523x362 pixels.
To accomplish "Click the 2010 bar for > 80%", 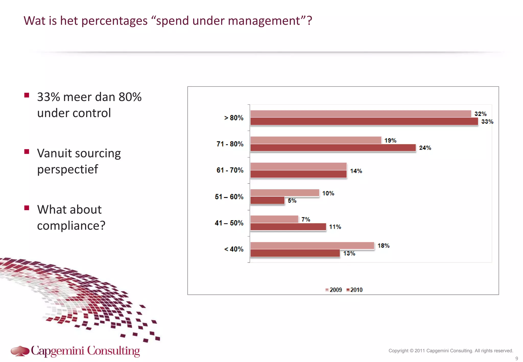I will click(x=364, y=122).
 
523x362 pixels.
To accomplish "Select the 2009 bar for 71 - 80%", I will click(x=316, y=140).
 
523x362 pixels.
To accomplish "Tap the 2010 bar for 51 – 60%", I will click(x=267, y=200).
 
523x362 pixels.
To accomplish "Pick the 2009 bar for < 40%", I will click(x=312, y=246).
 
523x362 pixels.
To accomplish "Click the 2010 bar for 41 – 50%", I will click(x=288, y=227).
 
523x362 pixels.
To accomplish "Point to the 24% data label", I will click(x=425, y=148).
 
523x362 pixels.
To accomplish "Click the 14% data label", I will click(x=356, y=171).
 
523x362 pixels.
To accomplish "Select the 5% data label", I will click(x=292, y=201).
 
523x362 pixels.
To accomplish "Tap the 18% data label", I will click(x=383, y=246).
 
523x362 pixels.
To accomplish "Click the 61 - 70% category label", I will click(x=230, y=170).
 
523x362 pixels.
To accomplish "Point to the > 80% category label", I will click(x=234, y=118).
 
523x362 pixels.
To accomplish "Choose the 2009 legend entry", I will click(x=334, y=290).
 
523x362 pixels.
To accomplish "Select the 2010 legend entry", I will click(x=354, y=290).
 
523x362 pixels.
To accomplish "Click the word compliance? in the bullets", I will click(x=71, y=226).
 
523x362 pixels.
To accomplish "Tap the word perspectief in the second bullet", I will click(x=67, y=169).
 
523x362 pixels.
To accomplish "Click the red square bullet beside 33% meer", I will click(x=27, y=95).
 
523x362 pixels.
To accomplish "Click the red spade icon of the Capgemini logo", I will click(x=20, y=351).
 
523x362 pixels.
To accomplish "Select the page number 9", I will click(x=517, y=358).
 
